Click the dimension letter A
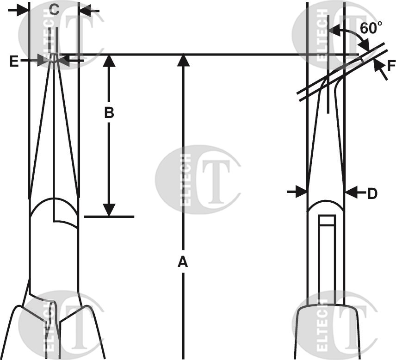(183, 262)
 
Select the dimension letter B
(109, 112)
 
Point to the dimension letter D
(372, 194)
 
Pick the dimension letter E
(14, 61)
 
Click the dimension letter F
(391, 66)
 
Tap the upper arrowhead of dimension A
(184, 61)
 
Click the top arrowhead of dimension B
(109, 61)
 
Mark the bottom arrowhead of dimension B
(109, 211)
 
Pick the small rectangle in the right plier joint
(327, 220)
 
